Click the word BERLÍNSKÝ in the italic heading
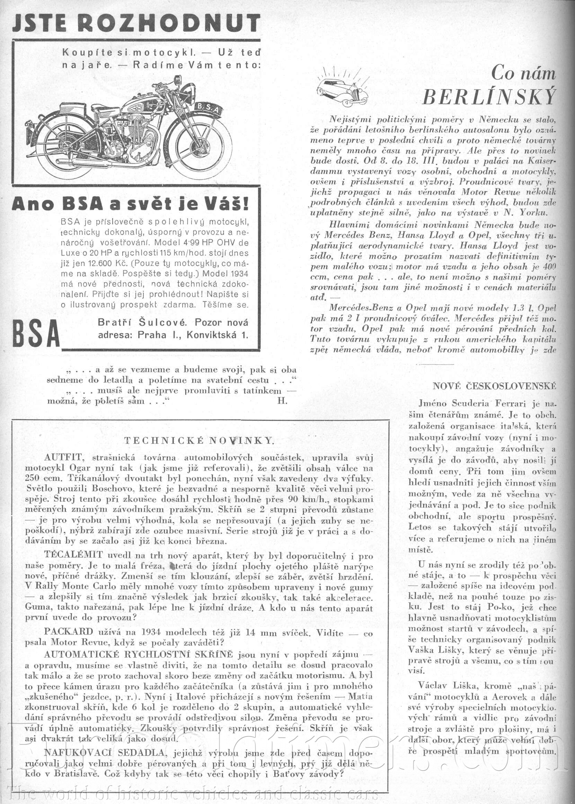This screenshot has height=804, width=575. click(x=489, y=96)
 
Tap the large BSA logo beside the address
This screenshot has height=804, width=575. click(x=36, y=333)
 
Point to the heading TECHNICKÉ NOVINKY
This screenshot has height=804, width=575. click(x=199, y=440)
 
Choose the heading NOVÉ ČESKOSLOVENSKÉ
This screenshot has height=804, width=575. click(x=494, y=386)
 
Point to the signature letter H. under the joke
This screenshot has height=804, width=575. click(x=282, y=401)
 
